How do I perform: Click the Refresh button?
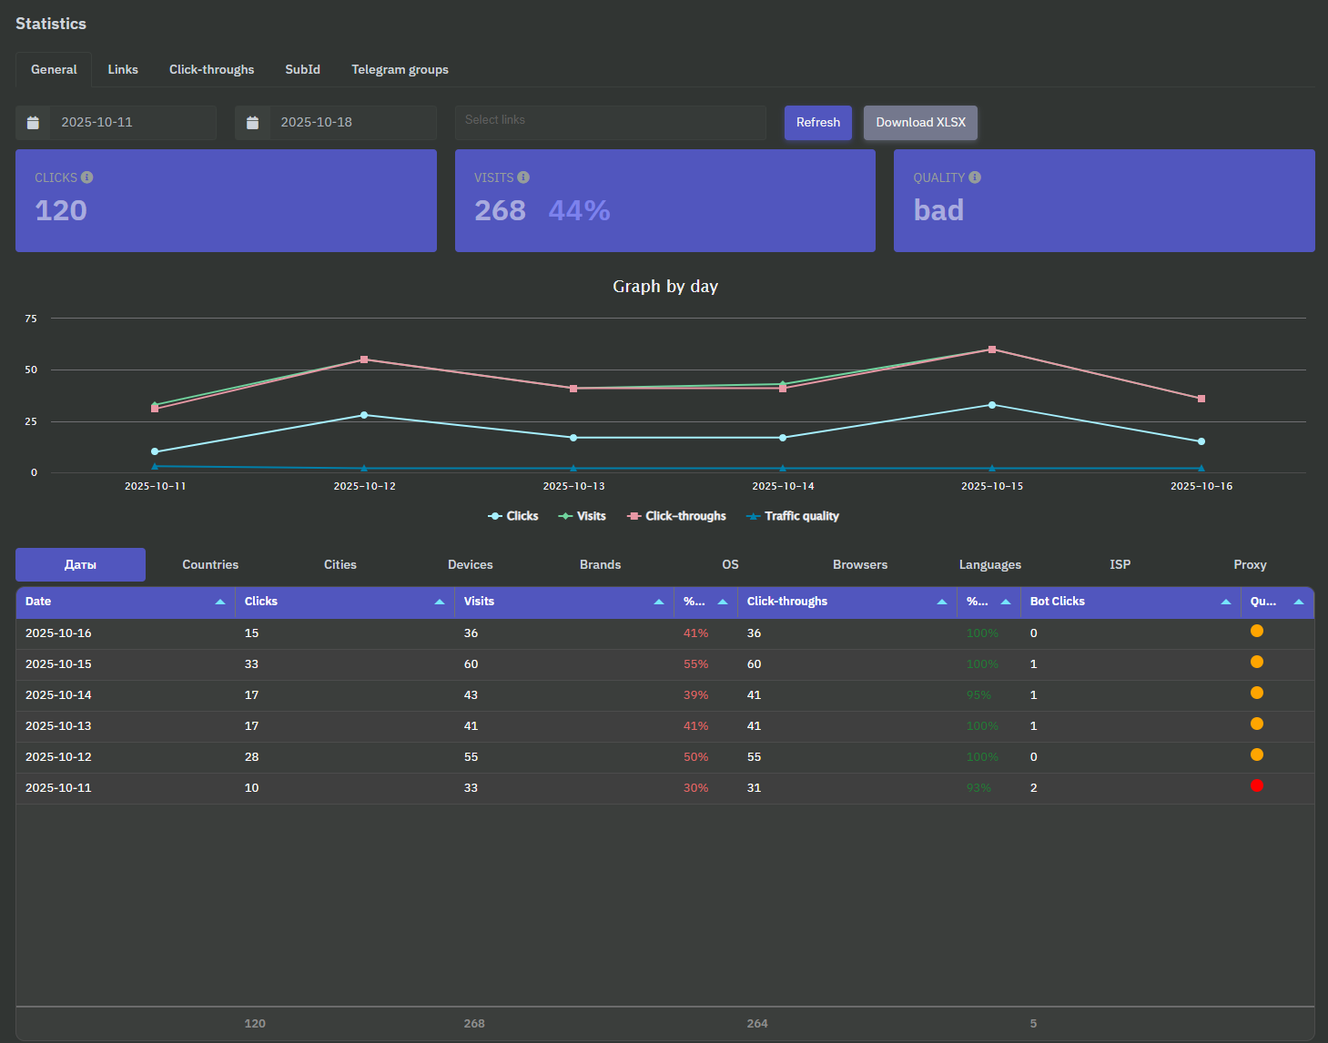coord(817,123)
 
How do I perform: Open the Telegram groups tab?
coord(400,70)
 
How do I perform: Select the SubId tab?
coord(302,70)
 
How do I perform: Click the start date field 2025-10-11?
coord(131,123)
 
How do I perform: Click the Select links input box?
coord(610,121)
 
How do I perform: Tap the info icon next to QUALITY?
coord(975,177)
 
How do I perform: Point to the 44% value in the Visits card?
coord(579,210)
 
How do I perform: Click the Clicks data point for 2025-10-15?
coord(992,405)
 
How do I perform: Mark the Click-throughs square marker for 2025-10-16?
coord(1201,399)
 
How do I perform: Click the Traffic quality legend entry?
coord(793,516)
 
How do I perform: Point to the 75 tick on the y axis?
coord(32,319)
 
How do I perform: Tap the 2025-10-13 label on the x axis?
coord(573,486)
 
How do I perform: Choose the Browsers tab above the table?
coord(859,565)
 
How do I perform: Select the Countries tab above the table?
coord(210,565)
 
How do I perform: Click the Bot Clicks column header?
coord(1058,602)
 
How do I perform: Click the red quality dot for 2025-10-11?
coord(1257,785)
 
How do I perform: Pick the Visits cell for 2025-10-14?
coord(471,695)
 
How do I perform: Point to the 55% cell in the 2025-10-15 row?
coord(695,664)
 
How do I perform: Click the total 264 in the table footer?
coord(757,1024)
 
